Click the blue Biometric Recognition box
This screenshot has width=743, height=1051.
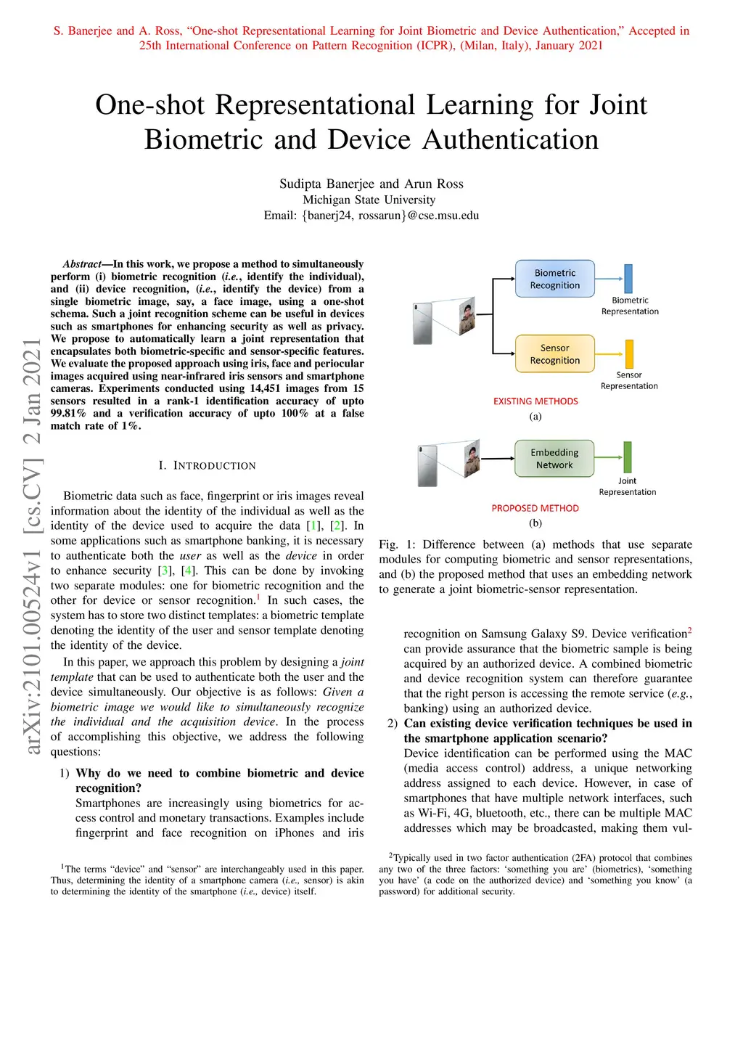click(555, 279)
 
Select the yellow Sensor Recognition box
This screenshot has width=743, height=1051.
click(555, 354)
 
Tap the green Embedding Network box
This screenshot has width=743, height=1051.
click(554, 459)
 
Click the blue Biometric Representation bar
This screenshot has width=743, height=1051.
click(628, 279)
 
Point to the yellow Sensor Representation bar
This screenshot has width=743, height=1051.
click(629, 354)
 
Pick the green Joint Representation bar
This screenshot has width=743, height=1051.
click(628, 458)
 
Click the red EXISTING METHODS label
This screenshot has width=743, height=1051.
click(535, 401)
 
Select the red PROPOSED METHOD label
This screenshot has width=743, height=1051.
click(535, 508)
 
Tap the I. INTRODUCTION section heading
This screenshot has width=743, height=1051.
click(208, 465)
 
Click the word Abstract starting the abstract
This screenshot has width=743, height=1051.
click(82, 264)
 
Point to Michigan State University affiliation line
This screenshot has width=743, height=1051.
click(369, 200)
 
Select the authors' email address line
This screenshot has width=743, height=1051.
click(371, 216)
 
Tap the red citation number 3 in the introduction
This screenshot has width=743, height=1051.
click(165, 571)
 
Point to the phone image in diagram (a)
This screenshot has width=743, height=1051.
click(422, 323)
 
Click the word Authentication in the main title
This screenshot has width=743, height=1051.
click(511, 139)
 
